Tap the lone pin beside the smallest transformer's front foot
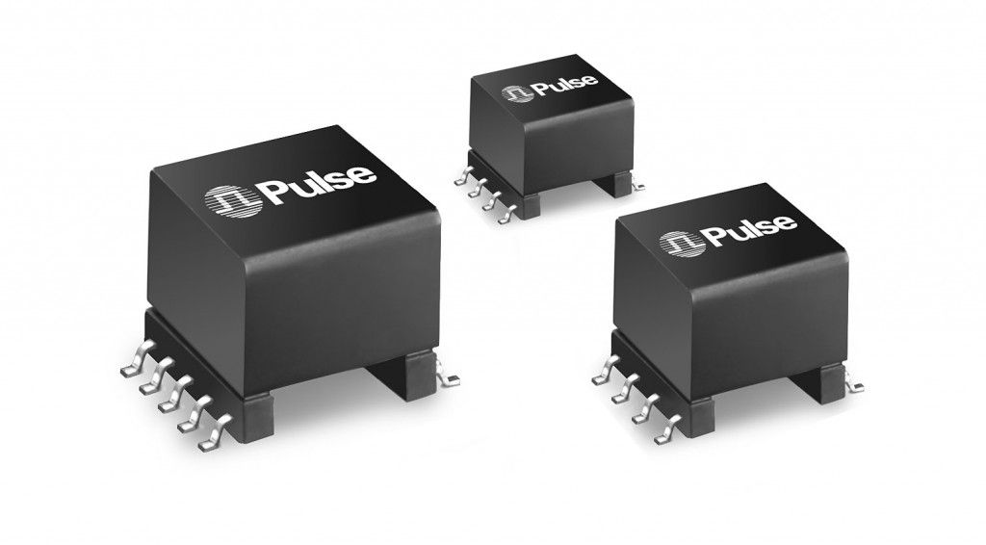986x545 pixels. point(636,179)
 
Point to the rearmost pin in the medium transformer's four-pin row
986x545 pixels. point(605,365)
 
